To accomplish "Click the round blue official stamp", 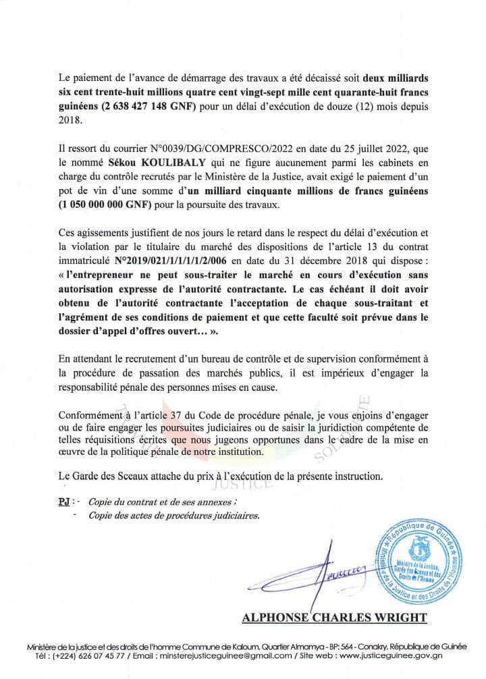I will coord(421,564).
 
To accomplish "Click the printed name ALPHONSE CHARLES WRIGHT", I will coord(334,617).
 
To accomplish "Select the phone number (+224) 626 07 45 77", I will coord(91,655).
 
